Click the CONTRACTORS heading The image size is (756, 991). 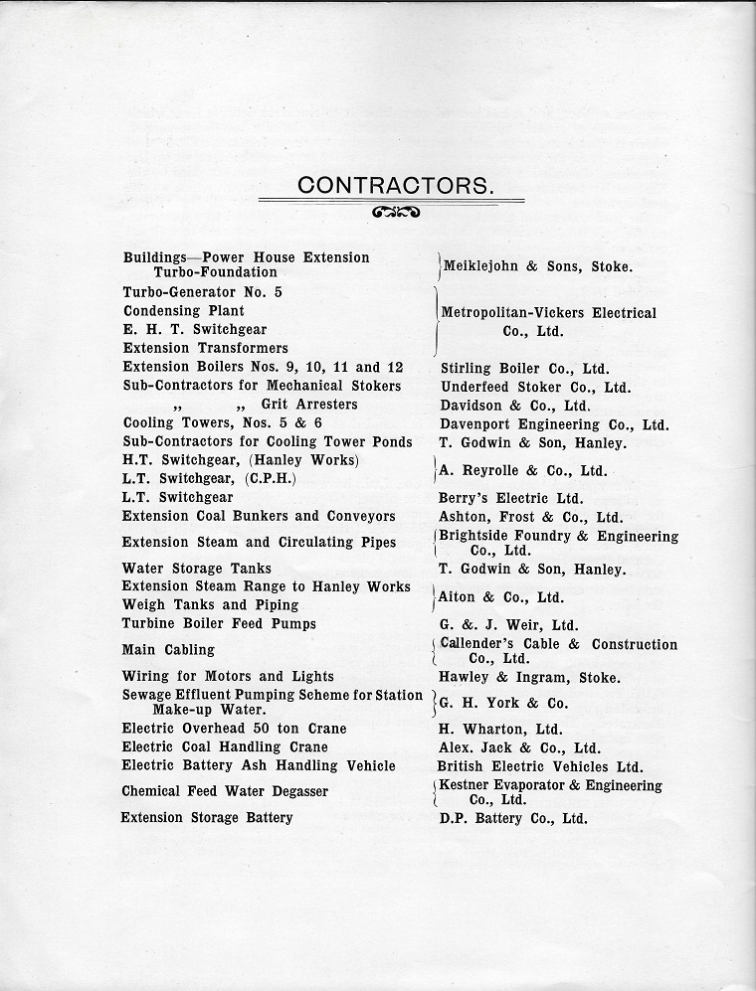395,185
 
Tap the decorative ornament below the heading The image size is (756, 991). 395,212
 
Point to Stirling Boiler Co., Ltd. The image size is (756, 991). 524,368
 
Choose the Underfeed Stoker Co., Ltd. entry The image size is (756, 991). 535,387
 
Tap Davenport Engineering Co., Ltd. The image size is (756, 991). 554,424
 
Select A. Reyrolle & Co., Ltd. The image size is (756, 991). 523,470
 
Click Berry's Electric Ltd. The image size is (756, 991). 511,498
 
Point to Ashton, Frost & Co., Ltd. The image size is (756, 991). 531,517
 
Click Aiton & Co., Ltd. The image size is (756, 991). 502,596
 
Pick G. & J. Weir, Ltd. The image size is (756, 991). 508,625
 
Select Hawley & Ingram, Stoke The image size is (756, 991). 529,678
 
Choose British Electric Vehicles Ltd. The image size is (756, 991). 540,766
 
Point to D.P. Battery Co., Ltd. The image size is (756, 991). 513,819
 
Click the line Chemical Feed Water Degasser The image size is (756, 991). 225,791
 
